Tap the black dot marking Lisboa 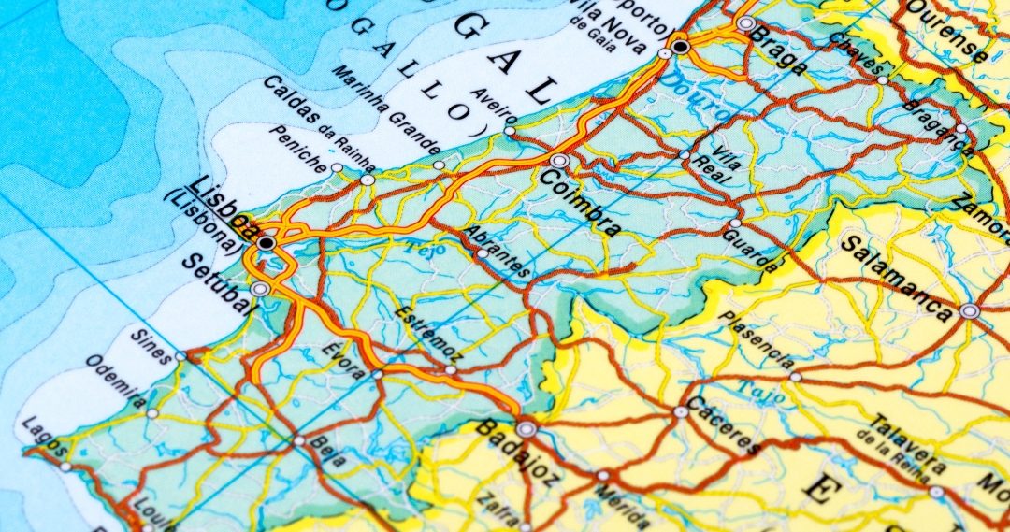pyautogui.click(x=267, y=243)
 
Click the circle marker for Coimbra pyautogui.click(x=559, y=161)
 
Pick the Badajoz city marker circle pyautogui.click(x=527, y=429)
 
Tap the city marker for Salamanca pyautogui.click(x=970, y=310)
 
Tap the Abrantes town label pyautogui.click(x=498, y=251)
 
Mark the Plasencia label pyautogui.click(x=757, y=338)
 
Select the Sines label pyautogui.click(x=151, y=345)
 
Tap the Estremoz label pyautogui.click(x=427, y=337)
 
